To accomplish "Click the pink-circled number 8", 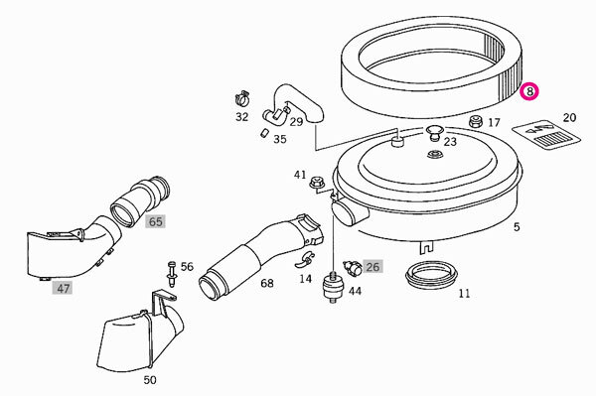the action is tap(529, 91).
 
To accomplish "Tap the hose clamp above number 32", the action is tap(241, 98).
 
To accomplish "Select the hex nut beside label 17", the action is tap(475, 121).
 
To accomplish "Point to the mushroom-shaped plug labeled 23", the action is tap(434, 133).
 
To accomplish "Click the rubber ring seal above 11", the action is tap(432, 275).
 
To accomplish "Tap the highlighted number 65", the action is tap(155, 221).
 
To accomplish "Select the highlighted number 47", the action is tap(63, 288).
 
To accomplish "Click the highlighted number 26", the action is tap(372, 267).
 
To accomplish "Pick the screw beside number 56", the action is tap(172, 275).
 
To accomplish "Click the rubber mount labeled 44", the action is tap(333, 288).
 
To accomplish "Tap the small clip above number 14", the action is tap(305, 259).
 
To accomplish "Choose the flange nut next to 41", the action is tap(316, 183).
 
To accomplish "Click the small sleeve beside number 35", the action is tap(264, 133).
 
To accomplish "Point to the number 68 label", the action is tap(267, 283).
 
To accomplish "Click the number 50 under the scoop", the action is tap(150, 380).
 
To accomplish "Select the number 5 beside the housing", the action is tap(517, 226).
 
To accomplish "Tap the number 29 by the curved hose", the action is tap(296, 121).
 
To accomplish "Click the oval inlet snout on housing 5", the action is tap(346, 213).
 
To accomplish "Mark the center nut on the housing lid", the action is tap(432, 155).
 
